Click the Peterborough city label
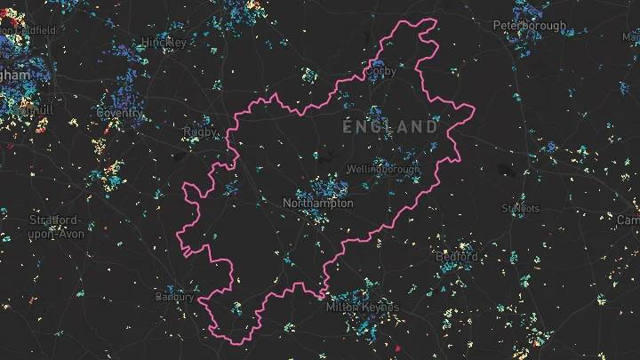(530, 26)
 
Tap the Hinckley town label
(164, 42)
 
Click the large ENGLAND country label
(391, 127)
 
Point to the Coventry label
(119, 113)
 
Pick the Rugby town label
(199, 132)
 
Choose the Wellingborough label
(383, 169)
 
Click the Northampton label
(317, 204)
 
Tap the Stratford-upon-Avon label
(55, 227)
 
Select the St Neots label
(520, 209)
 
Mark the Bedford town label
(456, 256)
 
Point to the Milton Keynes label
(363, 308)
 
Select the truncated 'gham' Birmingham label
(14, 76)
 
